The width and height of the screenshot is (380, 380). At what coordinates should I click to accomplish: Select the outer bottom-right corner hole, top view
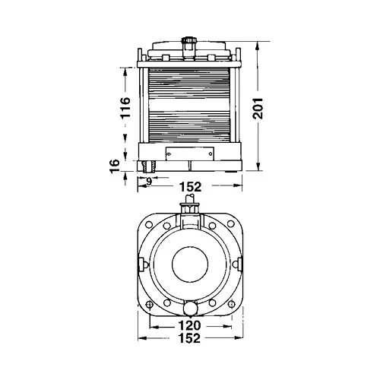tap(227, 303)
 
